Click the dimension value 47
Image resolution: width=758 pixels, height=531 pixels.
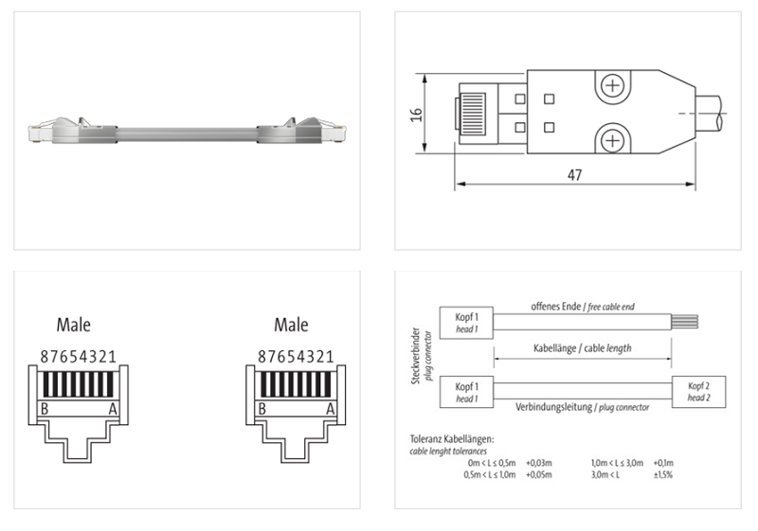coord(575,175)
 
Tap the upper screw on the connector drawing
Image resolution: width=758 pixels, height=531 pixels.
coord(613,88)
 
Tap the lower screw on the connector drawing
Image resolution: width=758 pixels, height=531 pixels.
coord(613,142)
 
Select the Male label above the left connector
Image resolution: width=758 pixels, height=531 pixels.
coord(73,326)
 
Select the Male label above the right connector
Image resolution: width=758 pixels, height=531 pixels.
coord(291,326)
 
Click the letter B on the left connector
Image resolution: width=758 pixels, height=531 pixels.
coord(44,409)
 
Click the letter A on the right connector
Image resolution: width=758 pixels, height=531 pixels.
coord(331,409)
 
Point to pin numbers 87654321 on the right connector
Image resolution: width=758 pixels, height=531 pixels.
coord(296,357)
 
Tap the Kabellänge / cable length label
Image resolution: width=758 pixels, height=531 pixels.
coord(581,348)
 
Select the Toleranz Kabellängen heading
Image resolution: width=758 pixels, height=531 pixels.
coord(453,441)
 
